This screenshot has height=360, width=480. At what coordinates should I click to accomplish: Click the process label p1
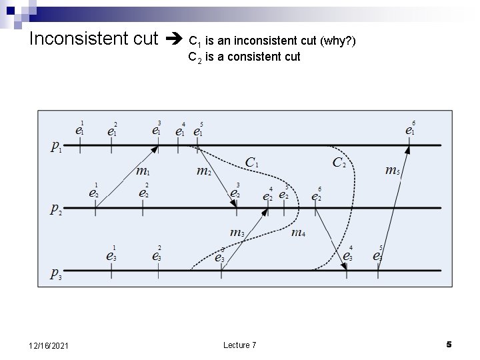pyautogui.click(x=57, y=147)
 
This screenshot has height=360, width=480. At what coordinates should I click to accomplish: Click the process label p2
pyautogui.click(x=57, y=209)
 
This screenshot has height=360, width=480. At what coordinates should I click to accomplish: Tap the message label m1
pyautogui.click(x=142, y=171)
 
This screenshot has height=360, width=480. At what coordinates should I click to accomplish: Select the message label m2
pyautogui.click(x=204, y=171)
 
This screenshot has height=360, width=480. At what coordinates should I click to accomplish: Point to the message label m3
pyautogui.click(x=237, y=233)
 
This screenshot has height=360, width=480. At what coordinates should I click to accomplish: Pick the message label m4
pyautogui.click(x=299, y=233)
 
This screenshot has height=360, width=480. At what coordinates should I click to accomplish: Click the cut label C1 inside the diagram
pyautogui.click(x=253, y=162)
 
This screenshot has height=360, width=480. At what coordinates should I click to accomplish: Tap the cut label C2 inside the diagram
pyautogui.click(x=339, y=162)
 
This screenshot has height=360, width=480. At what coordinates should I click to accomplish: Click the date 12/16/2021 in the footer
pyautogui.click(x=51, y=345)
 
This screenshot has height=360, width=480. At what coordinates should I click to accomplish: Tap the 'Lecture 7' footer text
pyautogui.click(x=239, y=345)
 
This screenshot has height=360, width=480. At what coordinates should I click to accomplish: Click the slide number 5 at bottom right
pyautogui.click(x=449, y=344)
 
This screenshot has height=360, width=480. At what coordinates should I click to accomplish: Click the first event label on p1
pyautogui.click(x=79, y=129)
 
